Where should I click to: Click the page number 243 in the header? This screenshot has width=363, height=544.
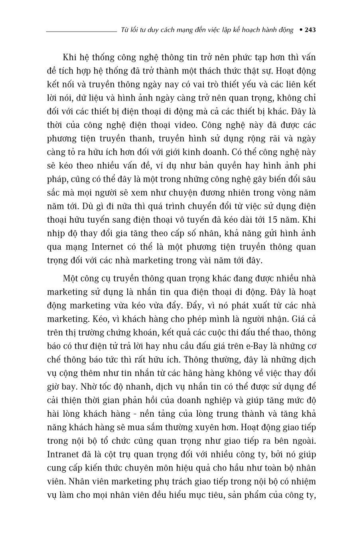click(x=310, y=30)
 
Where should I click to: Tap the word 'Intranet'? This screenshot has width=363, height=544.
click(x=63, y=455)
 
